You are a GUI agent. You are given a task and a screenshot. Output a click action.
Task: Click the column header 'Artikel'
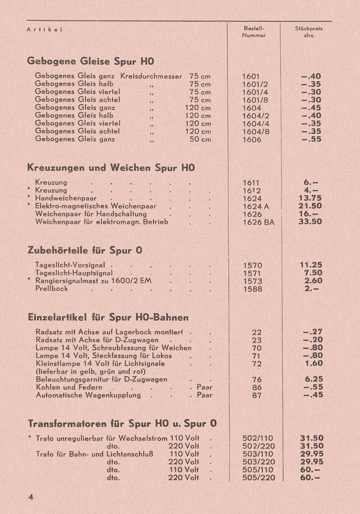[44, 29]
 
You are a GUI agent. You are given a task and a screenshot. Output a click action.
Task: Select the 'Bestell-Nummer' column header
[254, 32]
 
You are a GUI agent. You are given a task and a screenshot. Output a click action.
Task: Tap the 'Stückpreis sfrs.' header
[309, 32]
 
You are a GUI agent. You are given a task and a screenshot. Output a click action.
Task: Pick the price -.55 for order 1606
[311, 139]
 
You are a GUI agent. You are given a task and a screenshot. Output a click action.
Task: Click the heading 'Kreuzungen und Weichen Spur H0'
[111, 168]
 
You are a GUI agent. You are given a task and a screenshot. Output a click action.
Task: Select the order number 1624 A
[256, 206]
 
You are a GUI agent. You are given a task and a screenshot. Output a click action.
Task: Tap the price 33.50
[310, 222]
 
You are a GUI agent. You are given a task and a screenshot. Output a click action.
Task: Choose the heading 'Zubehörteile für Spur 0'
[85, 250]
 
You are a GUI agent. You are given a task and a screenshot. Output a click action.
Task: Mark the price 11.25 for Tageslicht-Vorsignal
[310, 265]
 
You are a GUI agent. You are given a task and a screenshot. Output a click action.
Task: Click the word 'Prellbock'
[52, 289]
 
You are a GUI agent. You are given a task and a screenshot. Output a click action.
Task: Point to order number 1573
[252, 281]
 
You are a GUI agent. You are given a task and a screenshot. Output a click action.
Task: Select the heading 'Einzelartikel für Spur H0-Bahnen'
[108, 317]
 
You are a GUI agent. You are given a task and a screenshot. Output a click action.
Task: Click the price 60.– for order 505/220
[310, 478]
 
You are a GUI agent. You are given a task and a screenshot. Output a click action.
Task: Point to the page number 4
[31, 497]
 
